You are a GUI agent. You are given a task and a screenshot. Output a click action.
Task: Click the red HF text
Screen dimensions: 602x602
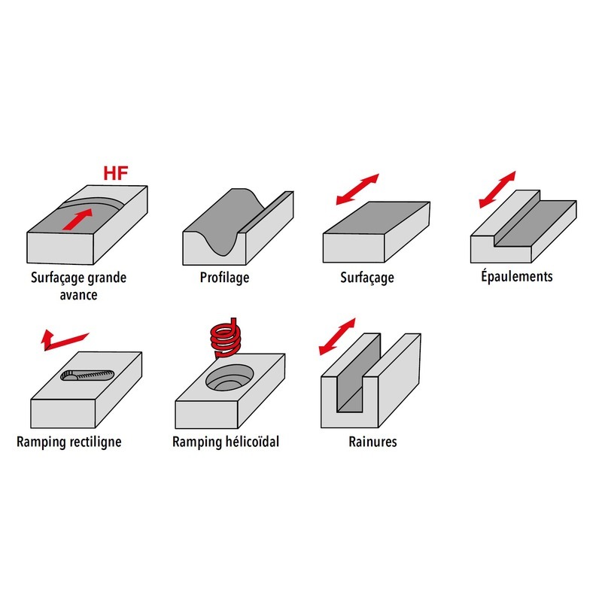[116, 173]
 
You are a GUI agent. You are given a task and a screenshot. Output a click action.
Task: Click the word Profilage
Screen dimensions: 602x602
[224, 278]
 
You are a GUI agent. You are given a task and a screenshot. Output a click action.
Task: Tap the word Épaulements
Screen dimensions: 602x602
[517, 275]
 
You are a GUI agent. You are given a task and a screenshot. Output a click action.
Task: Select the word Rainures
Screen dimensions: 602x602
[372, 442]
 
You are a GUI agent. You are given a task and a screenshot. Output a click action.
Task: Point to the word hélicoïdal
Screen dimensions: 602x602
[252, 442]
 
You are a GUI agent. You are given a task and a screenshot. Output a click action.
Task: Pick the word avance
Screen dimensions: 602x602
[78, 295]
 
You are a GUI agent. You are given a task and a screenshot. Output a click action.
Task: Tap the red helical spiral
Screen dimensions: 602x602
[226, 337]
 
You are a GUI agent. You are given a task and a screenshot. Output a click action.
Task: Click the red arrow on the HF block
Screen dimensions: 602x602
[78, 219]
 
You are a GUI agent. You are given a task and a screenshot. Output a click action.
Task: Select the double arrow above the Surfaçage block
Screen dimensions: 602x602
[357, 189]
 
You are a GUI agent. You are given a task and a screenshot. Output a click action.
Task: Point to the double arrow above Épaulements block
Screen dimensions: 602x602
[497, 190]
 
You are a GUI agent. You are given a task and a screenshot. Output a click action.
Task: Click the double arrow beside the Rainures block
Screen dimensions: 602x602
[337, 336]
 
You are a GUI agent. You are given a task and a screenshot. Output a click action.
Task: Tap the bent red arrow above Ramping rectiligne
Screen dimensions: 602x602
[63, 340]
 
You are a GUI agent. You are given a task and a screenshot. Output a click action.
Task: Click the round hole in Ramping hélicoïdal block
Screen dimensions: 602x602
[230, 378]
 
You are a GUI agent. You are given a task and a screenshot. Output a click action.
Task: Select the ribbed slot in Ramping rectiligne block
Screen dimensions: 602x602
[87, 375]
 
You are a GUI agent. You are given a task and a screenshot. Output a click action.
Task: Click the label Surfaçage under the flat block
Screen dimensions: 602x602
[367, 278]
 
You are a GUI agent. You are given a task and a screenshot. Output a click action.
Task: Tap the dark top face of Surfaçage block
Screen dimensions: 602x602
[377, 217]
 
